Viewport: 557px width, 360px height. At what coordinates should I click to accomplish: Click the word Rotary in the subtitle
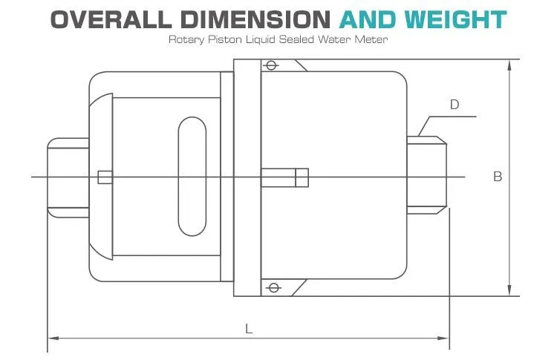point(183,39)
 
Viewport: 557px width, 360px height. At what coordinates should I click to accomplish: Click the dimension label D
point(455,105)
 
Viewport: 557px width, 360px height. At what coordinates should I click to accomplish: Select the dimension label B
point(498,177)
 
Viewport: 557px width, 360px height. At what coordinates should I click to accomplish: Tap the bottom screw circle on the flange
point(271,288)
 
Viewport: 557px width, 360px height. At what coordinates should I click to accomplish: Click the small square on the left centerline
point(105,177)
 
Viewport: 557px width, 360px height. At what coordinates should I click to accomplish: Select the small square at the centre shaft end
point(302,177)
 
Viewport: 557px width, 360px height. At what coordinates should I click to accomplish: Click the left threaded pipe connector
point(68,177)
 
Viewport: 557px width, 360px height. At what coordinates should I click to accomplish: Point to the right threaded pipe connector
point(429,171)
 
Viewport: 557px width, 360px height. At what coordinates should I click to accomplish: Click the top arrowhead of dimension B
point(509,64)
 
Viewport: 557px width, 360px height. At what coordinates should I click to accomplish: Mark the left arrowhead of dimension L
point(53,338)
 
